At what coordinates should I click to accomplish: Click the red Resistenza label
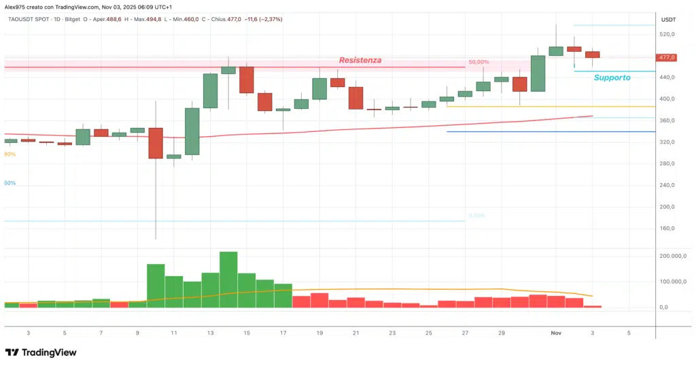coord(360,60)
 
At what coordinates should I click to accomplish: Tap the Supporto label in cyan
coord(612,78)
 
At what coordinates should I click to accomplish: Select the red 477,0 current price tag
coord(667,58)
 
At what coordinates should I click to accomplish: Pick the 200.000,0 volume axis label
coord(674,256)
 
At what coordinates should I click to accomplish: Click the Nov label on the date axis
coord(556,333)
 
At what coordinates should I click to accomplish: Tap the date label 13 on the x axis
coord(210,333)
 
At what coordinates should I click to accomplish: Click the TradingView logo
coord(41,352)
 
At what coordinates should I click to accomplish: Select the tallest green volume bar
coord(228,280)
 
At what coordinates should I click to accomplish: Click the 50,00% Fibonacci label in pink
coord(478,62)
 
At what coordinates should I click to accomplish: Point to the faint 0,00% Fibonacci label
coord(476,216)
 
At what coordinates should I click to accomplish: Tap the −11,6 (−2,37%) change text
coord(262,19)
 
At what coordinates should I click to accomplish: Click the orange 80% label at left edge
coord(10,154)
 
